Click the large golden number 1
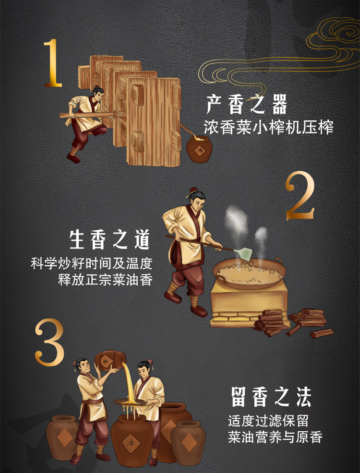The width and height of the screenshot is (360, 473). pyautogui.click(x=54, y=63)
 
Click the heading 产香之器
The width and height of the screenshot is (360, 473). pyautogui.click(x=247, y=105)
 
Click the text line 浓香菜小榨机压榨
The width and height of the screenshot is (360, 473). pyautogui.click(x=269, y=128)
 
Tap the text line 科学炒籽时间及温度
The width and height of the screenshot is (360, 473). pyautogui.click(x=91, y=263)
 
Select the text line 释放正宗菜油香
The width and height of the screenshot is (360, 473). pyautogui.click(x=105, y=280)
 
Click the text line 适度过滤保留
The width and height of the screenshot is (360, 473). pyautogui.click(x=268, y=421)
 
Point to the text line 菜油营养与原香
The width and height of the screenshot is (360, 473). pyautogui.click(x=275, y=437)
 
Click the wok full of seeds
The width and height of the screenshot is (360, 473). pyautogui.click(x=249, y=273)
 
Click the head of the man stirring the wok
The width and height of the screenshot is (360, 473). pyautogui.click(x=196, y=197)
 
